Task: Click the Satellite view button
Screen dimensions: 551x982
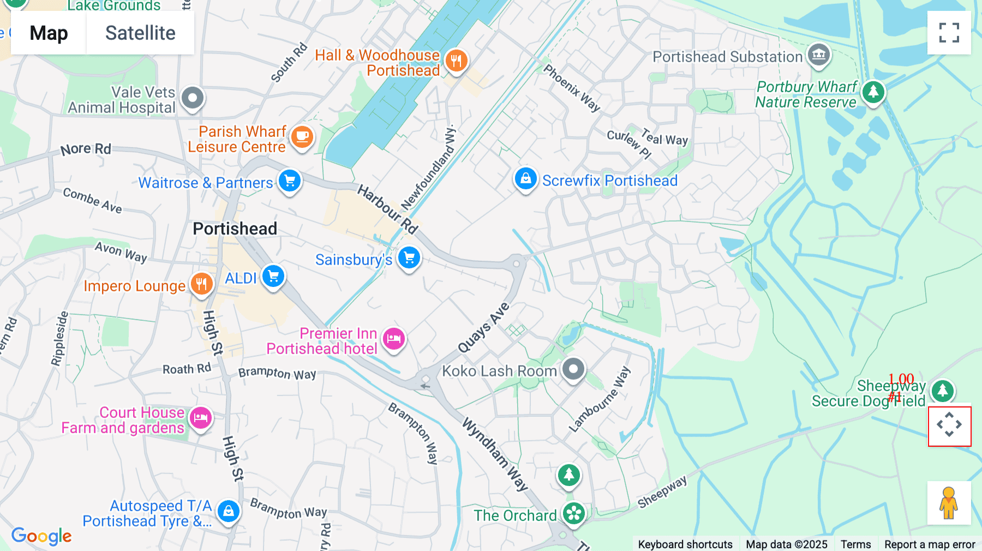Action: tap(140, 33)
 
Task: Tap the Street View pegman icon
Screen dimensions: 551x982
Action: tap(949, 503)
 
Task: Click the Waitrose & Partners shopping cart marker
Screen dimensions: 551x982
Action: tap(290, 181)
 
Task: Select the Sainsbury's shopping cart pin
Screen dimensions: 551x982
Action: tap(409, 258)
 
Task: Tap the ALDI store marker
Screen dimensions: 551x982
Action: tap(273, 277)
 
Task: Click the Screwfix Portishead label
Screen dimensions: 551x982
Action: tap(609, 181)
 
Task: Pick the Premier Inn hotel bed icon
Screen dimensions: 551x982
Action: tap(393, 339)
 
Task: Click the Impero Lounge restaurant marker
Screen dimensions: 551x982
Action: tap(201, 284)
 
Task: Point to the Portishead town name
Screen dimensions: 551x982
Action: tap(235, 229)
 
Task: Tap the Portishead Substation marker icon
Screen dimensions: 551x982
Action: tap(818, 55)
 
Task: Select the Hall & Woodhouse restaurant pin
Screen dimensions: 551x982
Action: tap(457, 61)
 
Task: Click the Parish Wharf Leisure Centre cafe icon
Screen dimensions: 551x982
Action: tap(302, 137)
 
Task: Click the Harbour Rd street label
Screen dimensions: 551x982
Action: tap(387, 209)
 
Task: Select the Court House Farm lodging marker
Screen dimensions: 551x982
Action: tap(201, 418)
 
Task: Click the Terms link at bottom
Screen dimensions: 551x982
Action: tap(855, 544)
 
